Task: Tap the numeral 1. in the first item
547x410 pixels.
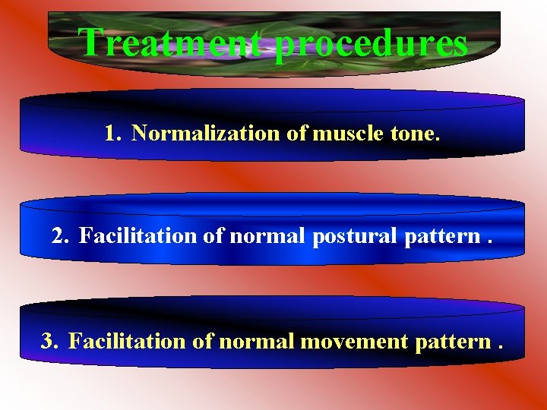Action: pyautogui.click(x=114, y=134)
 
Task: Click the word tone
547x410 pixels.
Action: pyautogui.click(x=412, y=134)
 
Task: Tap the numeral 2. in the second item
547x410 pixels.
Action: pyautogui.click(x=61, y=236)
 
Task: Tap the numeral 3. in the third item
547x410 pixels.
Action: pyautogui.click(x=50, y=342)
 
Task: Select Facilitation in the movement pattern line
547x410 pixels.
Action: pyautogui.click(x=127, y=342)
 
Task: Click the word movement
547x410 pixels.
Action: pyautogui.click(x=355, y=342)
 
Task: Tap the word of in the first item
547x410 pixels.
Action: pyautogui.click(x=296, y=134)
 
